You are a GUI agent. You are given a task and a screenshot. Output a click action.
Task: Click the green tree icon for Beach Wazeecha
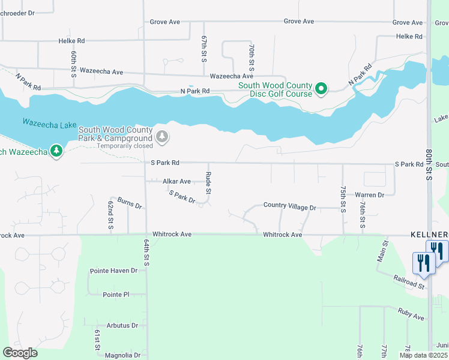click(x=56, y=151)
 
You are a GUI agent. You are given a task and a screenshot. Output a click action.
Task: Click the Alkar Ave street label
click(x=176, y=181)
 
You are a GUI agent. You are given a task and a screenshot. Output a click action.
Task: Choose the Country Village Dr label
click(x=289, y=206)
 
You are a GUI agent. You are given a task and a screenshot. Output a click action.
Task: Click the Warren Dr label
click(x=369, y=195)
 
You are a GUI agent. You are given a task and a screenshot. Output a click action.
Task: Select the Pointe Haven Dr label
click(x=113, y=271)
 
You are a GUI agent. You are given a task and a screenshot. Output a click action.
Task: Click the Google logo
click(x=20, y=353)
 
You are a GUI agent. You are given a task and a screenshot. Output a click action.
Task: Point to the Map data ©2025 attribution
click(x=423, y=355)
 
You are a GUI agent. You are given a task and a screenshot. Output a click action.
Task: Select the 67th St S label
click(x=204, y=49)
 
